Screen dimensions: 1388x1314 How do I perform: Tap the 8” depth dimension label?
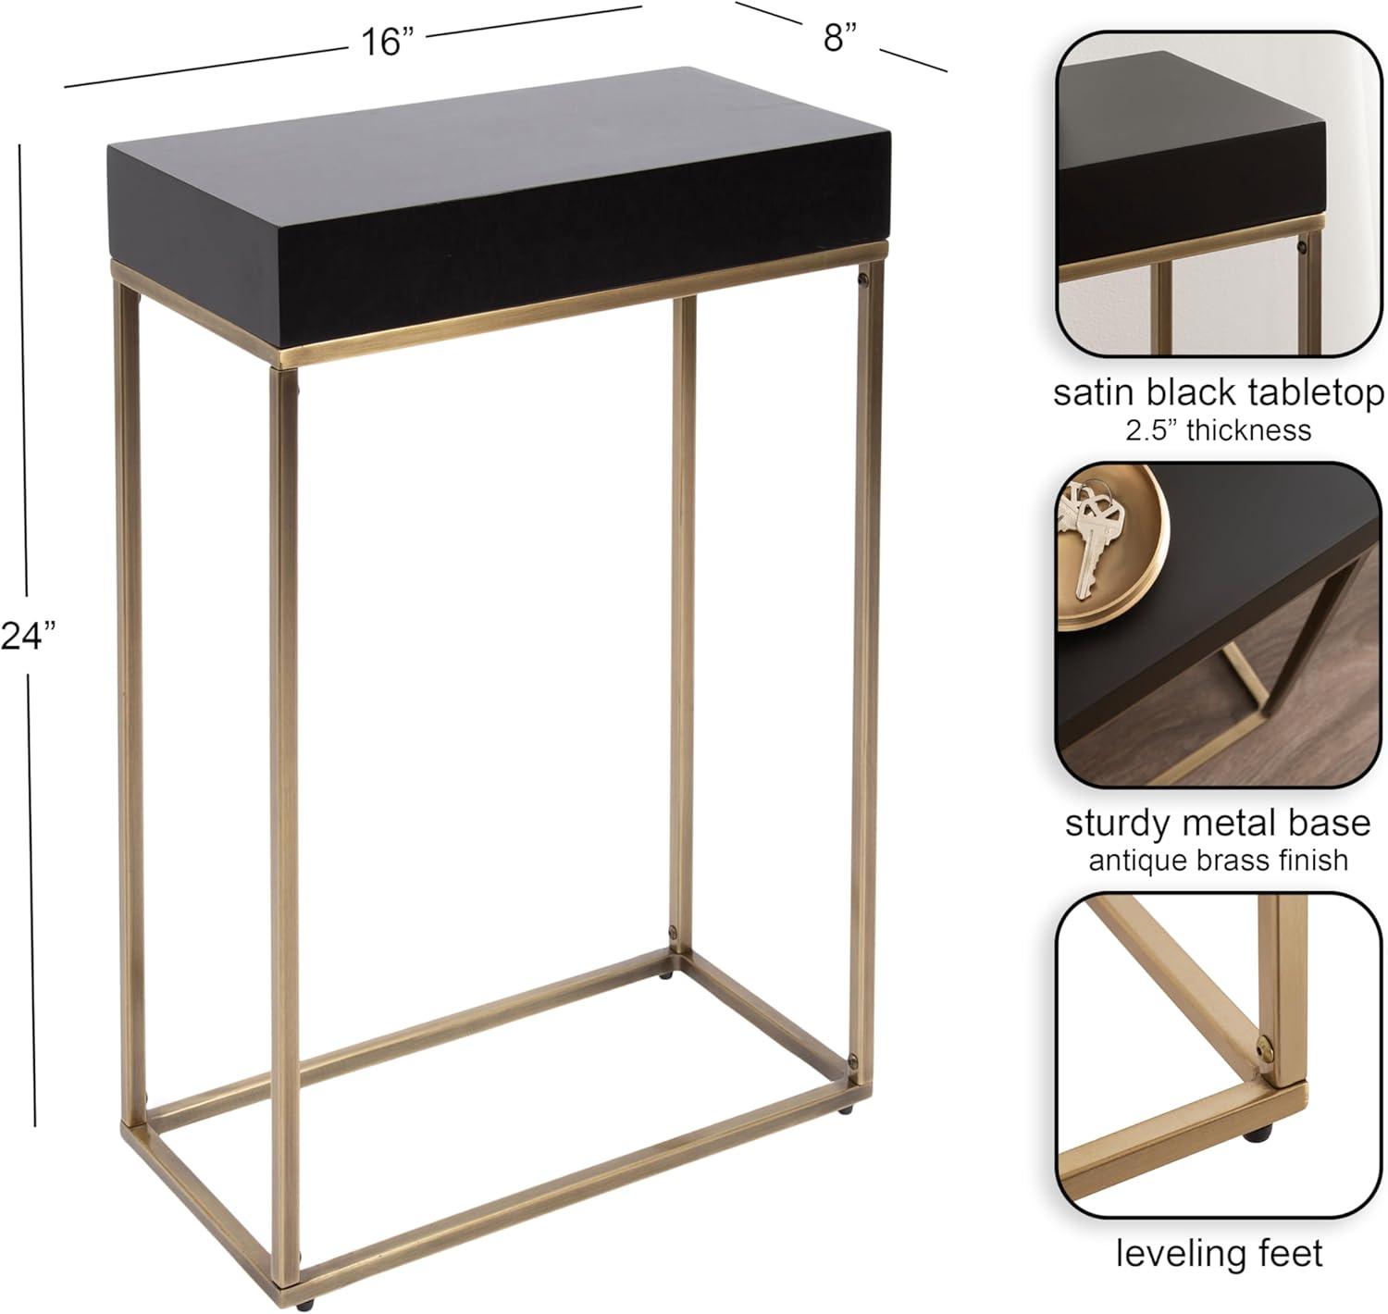[x=840, y=37]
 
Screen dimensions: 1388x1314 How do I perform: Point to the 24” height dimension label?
[x=29, y=636]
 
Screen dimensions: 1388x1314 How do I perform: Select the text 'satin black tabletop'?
[x=1219, y=392]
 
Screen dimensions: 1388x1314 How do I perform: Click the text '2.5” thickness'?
[x=1218, y=430]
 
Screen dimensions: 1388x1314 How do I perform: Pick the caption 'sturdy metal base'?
[x=1218, y=823]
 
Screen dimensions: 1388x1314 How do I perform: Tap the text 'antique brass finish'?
[x=1218, y=860]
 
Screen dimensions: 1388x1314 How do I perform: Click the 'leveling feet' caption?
[x=1220, y=1253]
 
